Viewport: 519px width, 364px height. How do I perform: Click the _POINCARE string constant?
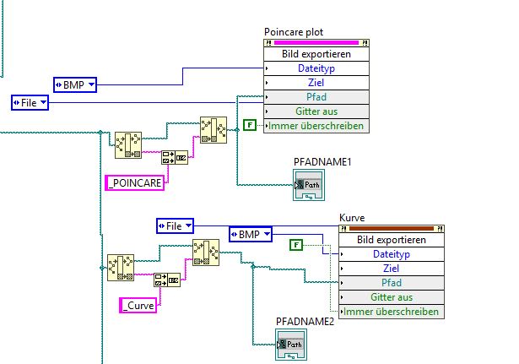(134, 181)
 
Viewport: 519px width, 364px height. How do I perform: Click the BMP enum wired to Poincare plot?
(75, 84)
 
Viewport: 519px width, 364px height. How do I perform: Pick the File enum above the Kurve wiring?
(176, 225)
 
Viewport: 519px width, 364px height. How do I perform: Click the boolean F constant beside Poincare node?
(249, 126)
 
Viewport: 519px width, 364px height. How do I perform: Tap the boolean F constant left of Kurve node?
(296, 245)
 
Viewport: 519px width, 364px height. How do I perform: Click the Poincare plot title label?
(294, 32)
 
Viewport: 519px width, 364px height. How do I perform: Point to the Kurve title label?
(353, 218)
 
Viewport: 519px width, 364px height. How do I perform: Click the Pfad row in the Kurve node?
(391, 283)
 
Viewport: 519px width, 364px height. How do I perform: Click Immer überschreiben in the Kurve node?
(391, 312)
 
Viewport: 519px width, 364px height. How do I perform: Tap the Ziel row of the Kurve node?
(391, 269)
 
